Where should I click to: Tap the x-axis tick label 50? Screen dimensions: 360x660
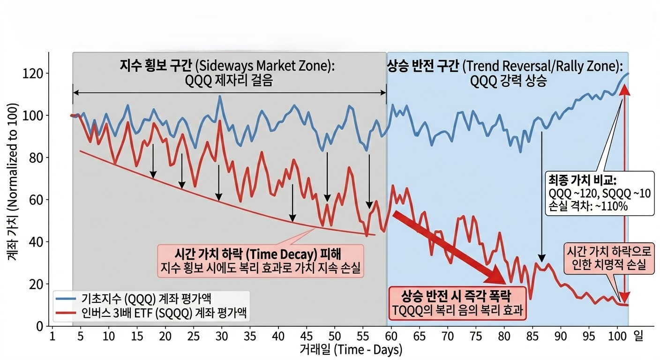pyautogui.click(x=334, y=336)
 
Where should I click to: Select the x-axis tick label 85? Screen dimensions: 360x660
pyautogui.click(x=532, y=336)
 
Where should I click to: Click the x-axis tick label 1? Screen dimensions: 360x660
pyautogui.click(x=52, y=336)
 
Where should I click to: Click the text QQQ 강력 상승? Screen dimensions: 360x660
pyautogui.click(x=508, y=81)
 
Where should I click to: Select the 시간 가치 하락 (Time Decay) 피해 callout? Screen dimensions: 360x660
pyautogui.click(x=261, y=260)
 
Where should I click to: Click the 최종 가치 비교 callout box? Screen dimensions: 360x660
pyautogui.click(x=600, y=193)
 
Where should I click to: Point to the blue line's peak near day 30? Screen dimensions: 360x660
pyautogui.click(x=220, y=97)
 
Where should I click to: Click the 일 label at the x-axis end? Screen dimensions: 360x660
pyautogui.click(x=638, y=336)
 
